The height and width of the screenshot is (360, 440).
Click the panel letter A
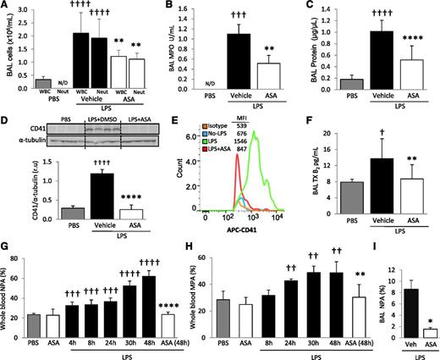[5, 7]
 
